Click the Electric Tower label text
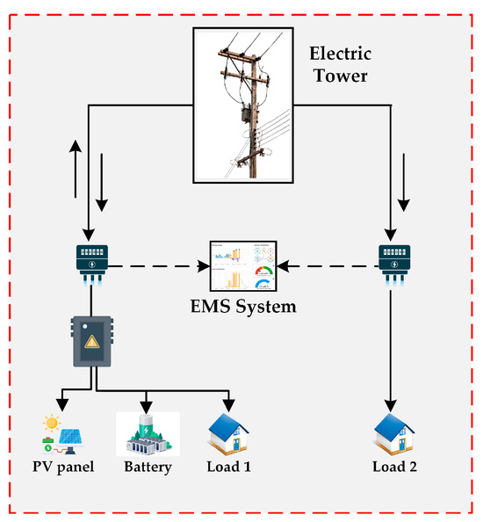tap(341, 64)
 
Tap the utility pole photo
tap(243, 105)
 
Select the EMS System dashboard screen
tap(243, 266)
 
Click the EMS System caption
tap(243, 307)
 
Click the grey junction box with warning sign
tap(92, 341)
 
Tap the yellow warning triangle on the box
tap(92, 342)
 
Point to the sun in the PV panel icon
tap(52, 423)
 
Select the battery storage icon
tap(148, 434)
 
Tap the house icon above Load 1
tap(228, 434)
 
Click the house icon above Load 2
tap(394, 434)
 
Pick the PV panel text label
tap(63, 467)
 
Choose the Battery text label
tap(148, 467)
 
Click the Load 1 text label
tap(228, 467)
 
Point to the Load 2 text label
tap(394, 467)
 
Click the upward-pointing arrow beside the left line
tap(76, 169)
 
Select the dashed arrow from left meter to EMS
tap(159, 266)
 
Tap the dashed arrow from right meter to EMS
tap(328, 266)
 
